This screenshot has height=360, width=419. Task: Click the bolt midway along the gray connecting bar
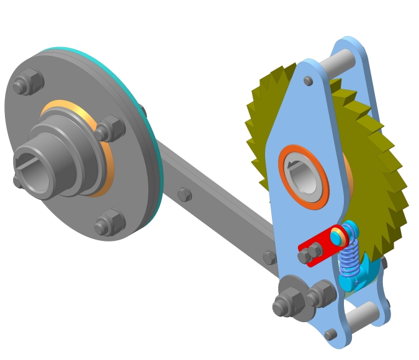[184, 195]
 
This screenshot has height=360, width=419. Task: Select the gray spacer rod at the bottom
[363, 316]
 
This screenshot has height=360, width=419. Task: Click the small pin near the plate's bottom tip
[331, 334]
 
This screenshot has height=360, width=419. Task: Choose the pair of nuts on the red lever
[310, 253]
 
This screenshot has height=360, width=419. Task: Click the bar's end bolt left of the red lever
[269, 257]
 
